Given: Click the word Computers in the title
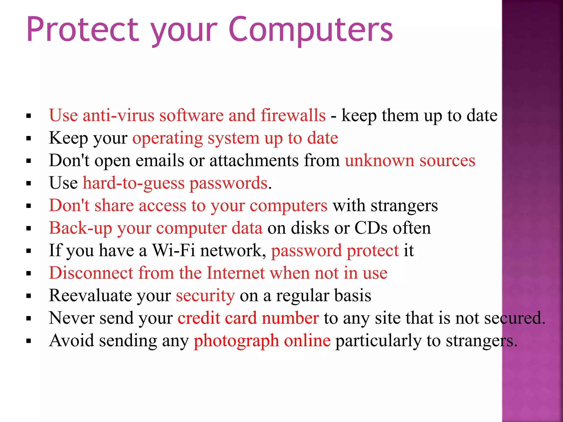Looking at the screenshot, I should click(311, 30).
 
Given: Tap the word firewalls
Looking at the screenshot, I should click(293, 115).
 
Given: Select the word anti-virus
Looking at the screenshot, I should click(118, 115).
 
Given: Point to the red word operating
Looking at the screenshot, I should click(167, 138).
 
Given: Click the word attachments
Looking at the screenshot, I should click(254, 160).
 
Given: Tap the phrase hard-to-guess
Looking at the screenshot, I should click(134, 183).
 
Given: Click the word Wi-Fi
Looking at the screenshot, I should click(173, 251).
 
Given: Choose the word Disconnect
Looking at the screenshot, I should click(91, 273).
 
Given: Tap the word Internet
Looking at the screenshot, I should click(236, 273).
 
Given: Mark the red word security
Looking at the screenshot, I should click(205, 296).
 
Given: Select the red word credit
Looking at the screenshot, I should click(199, 318).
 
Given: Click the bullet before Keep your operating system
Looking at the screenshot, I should click(29, 138).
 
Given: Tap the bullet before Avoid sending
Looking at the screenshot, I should click(29, 341).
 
